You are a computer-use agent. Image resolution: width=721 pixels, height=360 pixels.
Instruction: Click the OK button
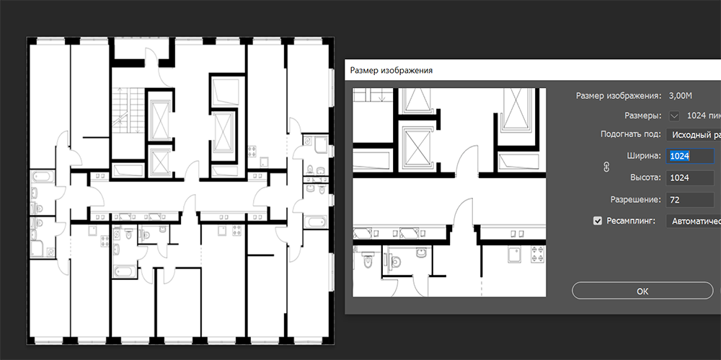(x=642, y=291)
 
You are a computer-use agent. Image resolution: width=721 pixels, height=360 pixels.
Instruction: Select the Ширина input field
(x=690, y=156)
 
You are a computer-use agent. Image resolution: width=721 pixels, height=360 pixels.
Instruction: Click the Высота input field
(x=690, y=177)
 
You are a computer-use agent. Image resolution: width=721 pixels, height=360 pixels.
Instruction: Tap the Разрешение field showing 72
(x=690, y=200)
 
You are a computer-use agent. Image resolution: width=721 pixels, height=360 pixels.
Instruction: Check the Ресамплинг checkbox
(x=597, y=221)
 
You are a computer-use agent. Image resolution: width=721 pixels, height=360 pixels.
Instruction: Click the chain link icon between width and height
(x=606, y=167)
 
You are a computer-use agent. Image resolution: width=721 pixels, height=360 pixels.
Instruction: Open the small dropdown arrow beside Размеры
(x=674, y=116)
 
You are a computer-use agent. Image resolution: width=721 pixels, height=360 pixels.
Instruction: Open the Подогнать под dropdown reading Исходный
(x=694, y=135)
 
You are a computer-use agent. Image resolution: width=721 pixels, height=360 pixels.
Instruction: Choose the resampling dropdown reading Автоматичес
(x=694, y=221)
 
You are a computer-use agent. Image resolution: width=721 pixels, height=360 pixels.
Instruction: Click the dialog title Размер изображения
(x=392, y=71)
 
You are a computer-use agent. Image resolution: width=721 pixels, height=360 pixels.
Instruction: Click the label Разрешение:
(x=636, y=200)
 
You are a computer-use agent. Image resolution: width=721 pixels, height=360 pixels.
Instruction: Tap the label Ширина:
(x=644, y=156)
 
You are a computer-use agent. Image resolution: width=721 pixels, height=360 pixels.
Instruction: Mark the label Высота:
(x=645, y=177)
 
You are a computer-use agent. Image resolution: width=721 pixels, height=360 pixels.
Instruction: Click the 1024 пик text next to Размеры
(x=704, y=116)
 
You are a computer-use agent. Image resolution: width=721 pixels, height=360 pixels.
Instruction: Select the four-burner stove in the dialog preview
(x=537, y=254)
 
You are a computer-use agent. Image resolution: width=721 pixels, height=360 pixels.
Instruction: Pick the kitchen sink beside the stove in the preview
(x=515, y=253)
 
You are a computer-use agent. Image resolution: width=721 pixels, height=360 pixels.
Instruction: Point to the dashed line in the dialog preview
(x=482, y=281)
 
